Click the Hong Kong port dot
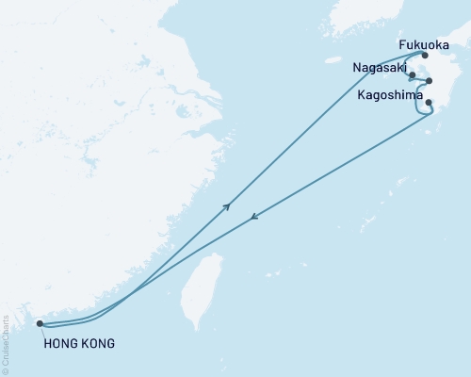click(40, 324)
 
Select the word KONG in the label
click(98, 344)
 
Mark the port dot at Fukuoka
click(425, 56)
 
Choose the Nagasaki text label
click(379, 69)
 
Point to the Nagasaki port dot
click(413, 74)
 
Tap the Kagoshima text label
click(389, 94)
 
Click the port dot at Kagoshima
click(429, 103)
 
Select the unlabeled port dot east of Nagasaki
click(430, 81)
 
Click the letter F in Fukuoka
click(376, 43)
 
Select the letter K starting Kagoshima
click(361, 94)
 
